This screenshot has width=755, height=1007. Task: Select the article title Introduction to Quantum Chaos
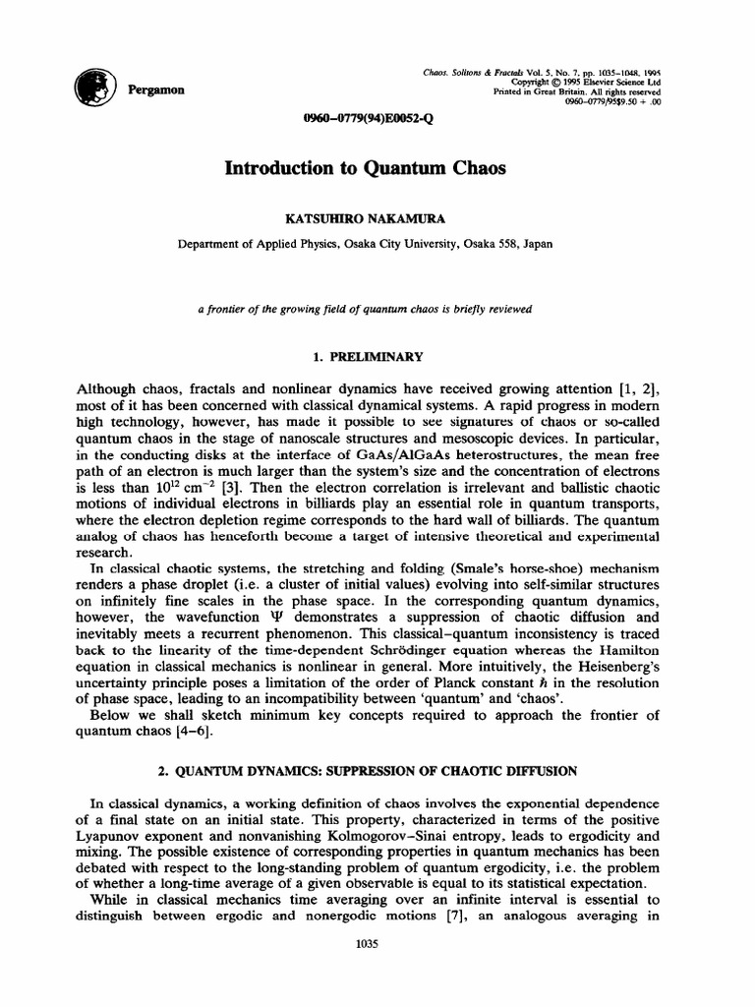[x=365, y=168]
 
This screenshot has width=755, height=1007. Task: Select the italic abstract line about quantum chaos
[x=365, y=309]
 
